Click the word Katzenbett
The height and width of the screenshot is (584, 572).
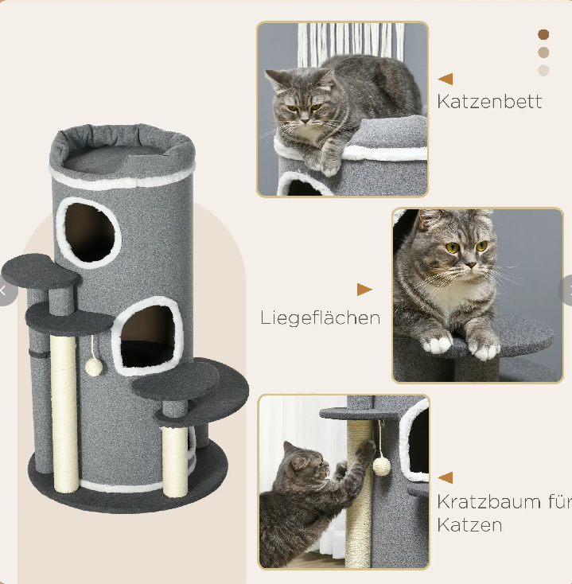tap(489, 101)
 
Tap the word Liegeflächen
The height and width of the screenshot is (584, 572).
tap(321, 318)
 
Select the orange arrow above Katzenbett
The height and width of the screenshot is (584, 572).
tap(446, 79)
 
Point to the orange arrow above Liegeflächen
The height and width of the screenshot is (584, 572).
tap(364, 290)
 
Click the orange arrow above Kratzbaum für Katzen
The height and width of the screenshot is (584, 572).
tap(446, 477)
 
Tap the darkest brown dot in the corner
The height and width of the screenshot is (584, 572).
tap(543, 35)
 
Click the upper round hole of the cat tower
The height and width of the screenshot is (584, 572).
tap(88, 232)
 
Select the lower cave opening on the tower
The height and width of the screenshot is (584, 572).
tap(148, 336)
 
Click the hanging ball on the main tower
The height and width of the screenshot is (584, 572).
tap(94, 367)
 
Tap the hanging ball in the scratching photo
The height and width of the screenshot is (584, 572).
tap(382, 467)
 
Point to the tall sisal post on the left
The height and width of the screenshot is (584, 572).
tap(64, 414)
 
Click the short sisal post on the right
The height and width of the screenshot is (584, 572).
tap(175, 461)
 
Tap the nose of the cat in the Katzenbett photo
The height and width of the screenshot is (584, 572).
tap(305, 120)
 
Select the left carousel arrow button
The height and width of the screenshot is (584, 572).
tap(6, 291)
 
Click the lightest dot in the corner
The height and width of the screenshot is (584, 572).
tap(543, 70)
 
